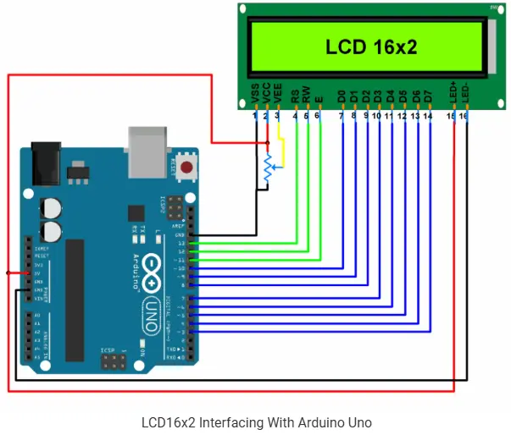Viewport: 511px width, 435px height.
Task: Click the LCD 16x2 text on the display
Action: [x=371, y=47]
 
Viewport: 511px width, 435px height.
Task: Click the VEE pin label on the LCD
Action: [x=277, y=95]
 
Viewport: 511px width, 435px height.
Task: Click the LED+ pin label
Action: [x=453, y=93]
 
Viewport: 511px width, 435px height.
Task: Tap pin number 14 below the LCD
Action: [x=429, y=114]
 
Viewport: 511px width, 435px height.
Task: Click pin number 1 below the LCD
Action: [x=255, y=114]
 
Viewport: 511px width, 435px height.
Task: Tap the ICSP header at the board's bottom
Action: [x=113, y=363]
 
